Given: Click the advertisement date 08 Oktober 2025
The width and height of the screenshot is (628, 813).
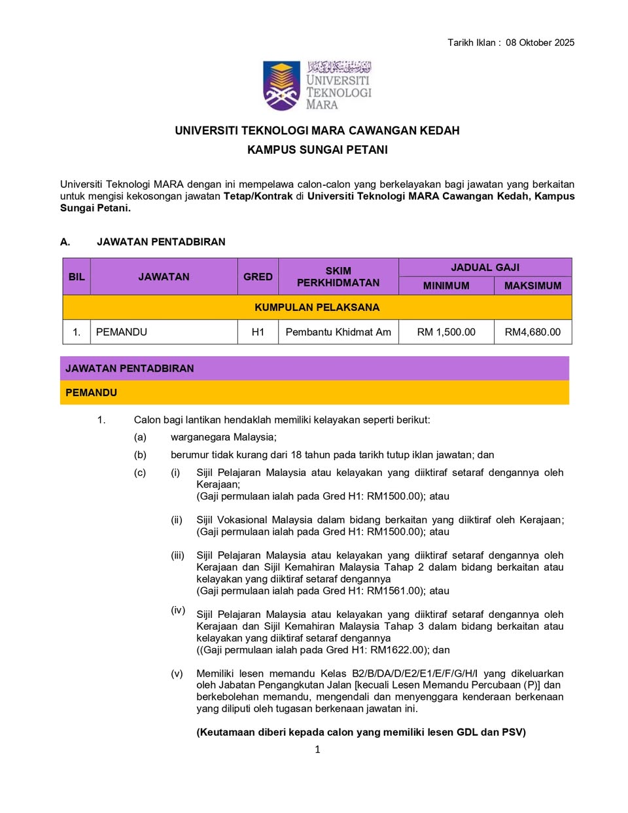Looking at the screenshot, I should pos(540,43).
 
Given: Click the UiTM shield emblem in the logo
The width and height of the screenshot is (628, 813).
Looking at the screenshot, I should pos(282,86).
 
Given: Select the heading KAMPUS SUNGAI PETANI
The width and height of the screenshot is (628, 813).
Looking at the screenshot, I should pos(317,150).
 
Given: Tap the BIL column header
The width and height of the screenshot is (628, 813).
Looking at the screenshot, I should pos(77,277).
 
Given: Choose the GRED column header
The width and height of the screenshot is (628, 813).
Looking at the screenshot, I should pos(258,277).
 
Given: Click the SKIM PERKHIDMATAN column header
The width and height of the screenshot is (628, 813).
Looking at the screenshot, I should pos(338,277).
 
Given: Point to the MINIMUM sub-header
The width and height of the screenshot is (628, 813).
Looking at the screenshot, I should pos(446,286).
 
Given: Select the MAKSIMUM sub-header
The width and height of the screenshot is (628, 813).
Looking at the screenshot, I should pos(532,286).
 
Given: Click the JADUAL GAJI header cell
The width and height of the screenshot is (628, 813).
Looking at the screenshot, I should pos(485,267).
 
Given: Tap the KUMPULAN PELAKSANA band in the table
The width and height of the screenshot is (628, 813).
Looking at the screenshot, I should pos(317,307).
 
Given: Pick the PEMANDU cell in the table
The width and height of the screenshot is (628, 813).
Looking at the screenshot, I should pos(122,332).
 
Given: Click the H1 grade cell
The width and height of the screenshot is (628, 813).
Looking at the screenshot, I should pos(258,332).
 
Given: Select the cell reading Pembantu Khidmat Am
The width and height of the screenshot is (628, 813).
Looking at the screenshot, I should pos(338,332).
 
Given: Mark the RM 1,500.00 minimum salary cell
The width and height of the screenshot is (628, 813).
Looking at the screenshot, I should pos(446,332).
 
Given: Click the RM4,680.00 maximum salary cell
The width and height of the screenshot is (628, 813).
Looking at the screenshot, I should pos(532,332).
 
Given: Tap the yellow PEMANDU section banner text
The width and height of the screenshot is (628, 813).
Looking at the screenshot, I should pos(92,393).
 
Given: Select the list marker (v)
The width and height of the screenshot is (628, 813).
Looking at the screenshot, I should pos(177,674).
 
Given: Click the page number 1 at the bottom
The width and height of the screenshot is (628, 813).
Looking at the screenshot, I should pos(317,750).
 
